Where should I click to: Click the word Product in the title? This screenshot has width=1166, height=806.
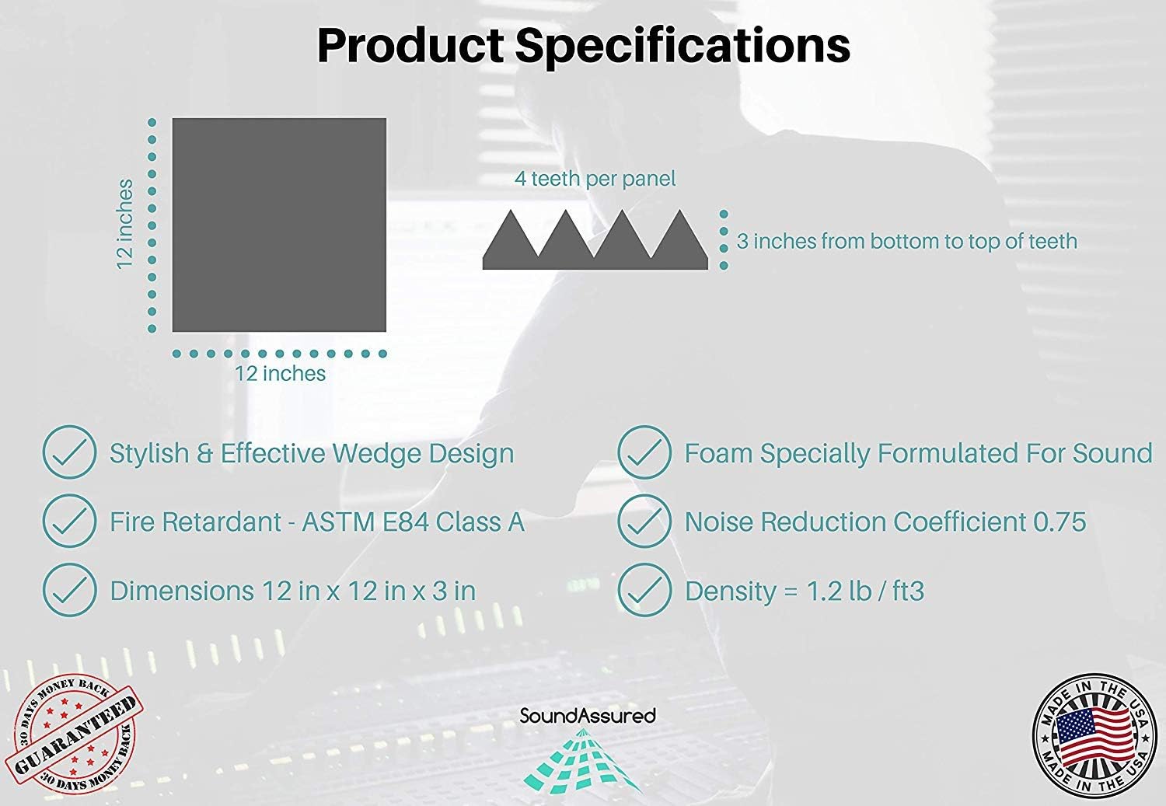[x=410, y=45]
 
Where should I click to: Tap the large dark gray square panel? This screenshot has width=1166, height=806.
[x=279, y=225]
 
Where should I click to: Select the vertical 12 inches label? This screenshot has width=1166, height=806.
[x=125, y=225]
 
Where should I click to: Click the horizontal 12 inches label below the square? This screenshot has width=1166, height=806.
[x=280, y=373]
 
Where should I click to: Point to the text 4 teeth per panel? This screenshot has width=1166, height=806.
[x=595, y=179]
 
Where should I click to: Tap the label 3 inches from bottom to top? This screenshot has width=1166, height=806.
[x=907, y=241]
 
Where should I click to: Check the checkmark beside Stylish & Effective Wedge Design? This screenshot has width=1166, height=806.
[x=69, y=452]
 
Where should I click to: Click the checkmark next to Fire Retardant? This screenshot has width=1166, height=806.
[x=69, y=520]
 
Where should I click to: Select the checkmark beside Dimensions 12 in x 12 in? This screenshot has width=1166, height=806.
[x=69, y=590]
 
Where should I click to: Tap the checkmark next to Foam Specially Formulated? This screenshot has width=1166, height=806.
[x=644, y=452]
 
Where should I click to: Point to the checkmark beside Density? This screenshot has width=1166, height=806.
[x=644, y=590]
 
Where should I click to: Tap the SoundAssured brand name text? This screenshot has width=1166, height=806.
[x=588, y=716]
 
